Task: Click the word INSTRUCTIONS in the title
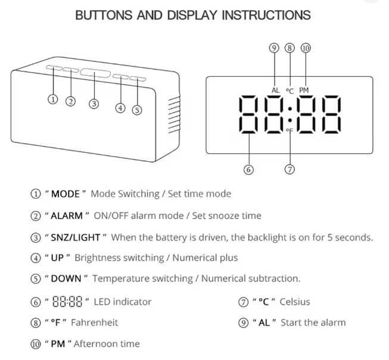coord(266,15)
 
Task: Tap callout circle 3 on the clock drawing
coord(94,104)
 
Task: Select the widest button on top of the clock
coord(95,73)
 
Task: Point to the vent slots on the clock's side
coord(174,114)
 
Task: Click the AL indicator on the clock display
coord(275,90)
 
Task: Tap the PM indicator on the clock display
coord(304,90)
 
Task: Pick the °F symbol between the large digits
coord(290,130)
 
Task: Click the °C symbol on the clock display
coord(290,91)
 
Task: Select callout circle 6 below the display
coord(248,170)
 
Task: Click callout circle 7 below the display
coord(290,170)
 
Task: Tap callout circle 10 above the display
coord(306,48)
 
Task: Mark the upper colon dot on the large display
coord(290,108)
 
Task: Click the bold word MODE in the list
coord(66,194)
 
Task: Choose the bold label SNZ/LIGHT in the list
coord(76,237)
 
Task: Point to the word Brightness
coord(119,258)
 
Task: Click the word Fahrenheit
coord(95,323)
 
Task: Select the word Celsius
coord(295,302)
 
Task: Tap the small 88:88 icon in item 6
coord(67,302)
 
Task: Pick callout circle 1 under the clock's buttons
coord(52,99)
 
